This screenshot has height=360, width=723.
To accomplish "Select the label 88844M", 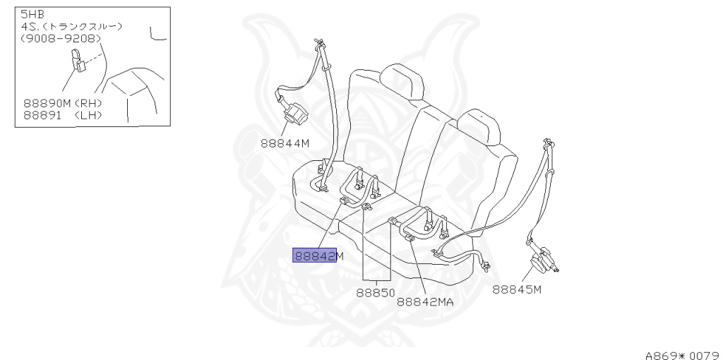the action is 285,142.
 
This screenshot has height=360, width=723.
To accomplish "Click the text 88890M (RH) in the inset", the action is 63,103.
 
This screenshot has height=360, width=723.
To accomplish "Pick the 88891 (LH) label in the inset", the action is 63,114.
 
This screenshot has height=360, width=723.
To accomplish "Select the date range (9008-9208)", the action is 61,37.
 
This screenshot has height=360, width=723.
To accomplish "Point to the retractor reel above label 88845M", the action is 545,262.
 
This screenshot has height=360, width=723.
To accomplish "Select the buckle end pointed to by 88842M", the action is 344,201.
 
